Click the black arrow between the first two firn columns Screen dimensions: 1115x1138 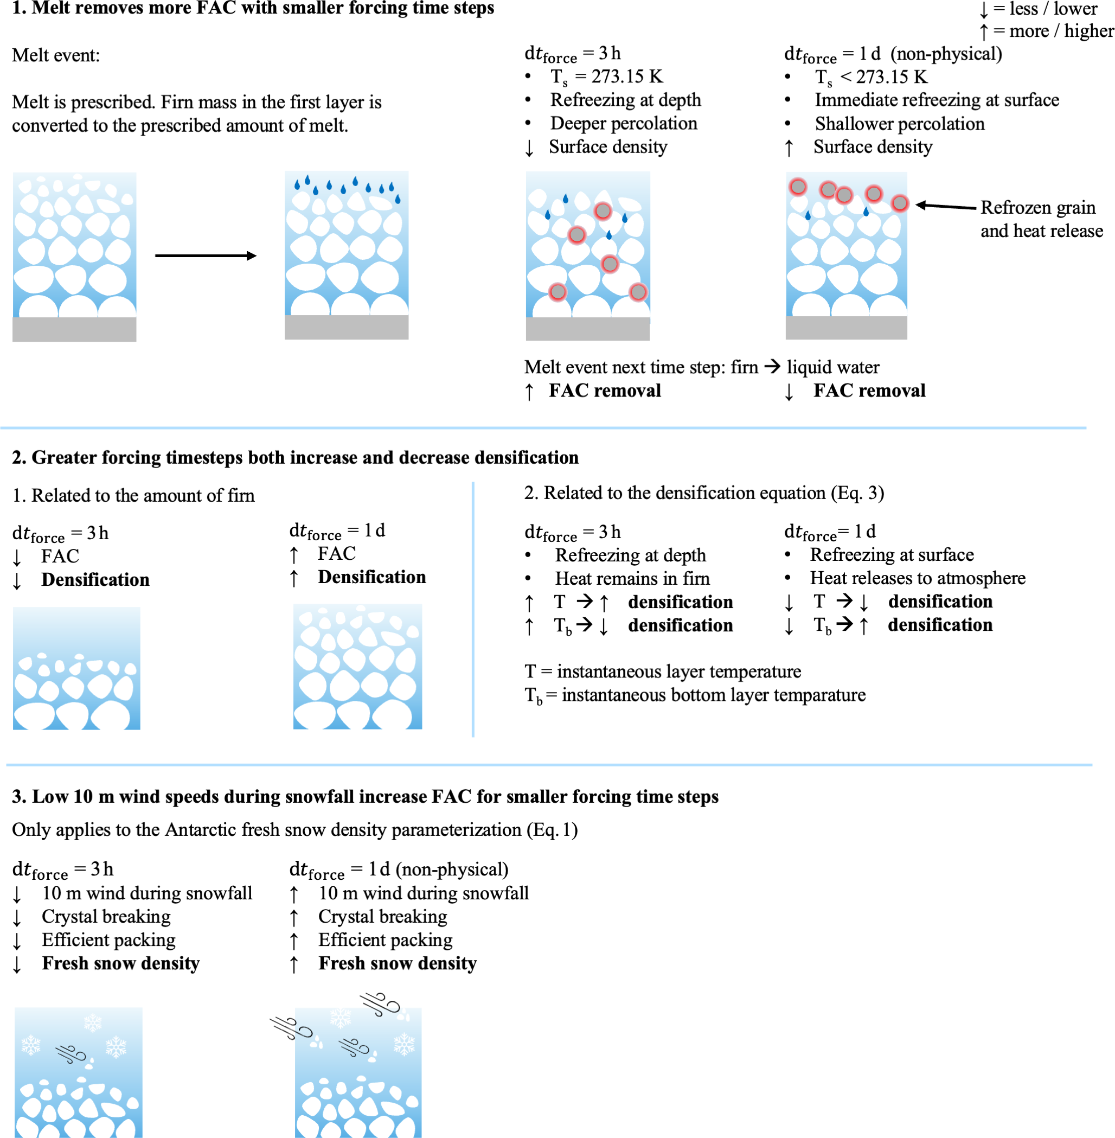pyautogui.click(x=206, y=255)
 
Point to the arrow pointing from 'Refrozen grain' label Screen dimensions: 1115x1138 pyautogui.click(x=945, y=206)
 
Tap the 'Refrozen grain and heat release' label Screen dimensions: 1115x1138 pyautogui.click(x=1041, y=219)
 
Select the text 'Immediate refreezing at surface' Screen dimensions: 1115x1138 pyautogui.click(x=937, y=100)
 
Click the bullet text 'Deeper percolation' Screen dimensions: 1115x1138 pyautogui.click(x=623, y=124)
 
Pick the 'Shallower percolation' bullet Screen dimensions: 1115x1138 pyautogui.click(x=900, y=124)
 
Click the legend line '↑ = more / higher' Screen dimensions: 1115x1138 pyautogui.click(x=1046, y=31)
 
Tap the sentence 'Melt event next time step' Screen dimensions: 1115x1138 pyautogui.click(x=702, y=367)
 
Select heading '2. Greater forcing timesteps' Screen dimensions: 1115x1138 pyautogui.click(x=295, y=457)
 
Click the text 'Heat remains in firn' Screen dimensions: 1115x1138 pyautogui.click(x=632, y=578)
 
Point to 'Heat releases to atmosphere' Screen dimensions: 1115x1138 pyautogui.click(x=917, y=578)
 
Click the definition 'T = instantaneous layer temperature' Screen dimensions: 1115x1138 pyautogui.click(x=662, y=671)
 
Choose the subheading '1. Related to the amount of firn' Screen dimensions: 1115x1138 pyautogui.click(x=133, y=495)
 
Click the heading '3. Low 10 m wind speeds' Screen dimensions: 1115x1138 pyautogui.click(x=365, y=796)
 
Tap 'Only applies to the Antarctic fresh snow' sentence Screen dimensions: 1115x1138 pyautogui.click(x=295, y=829)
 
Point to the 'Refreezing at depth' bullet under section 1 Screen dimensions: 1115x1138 pyautogui.click(x=625, y=100)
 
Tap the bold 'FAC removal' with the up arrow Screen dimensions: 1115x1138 pyautogui.click(x=604, y=391)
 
